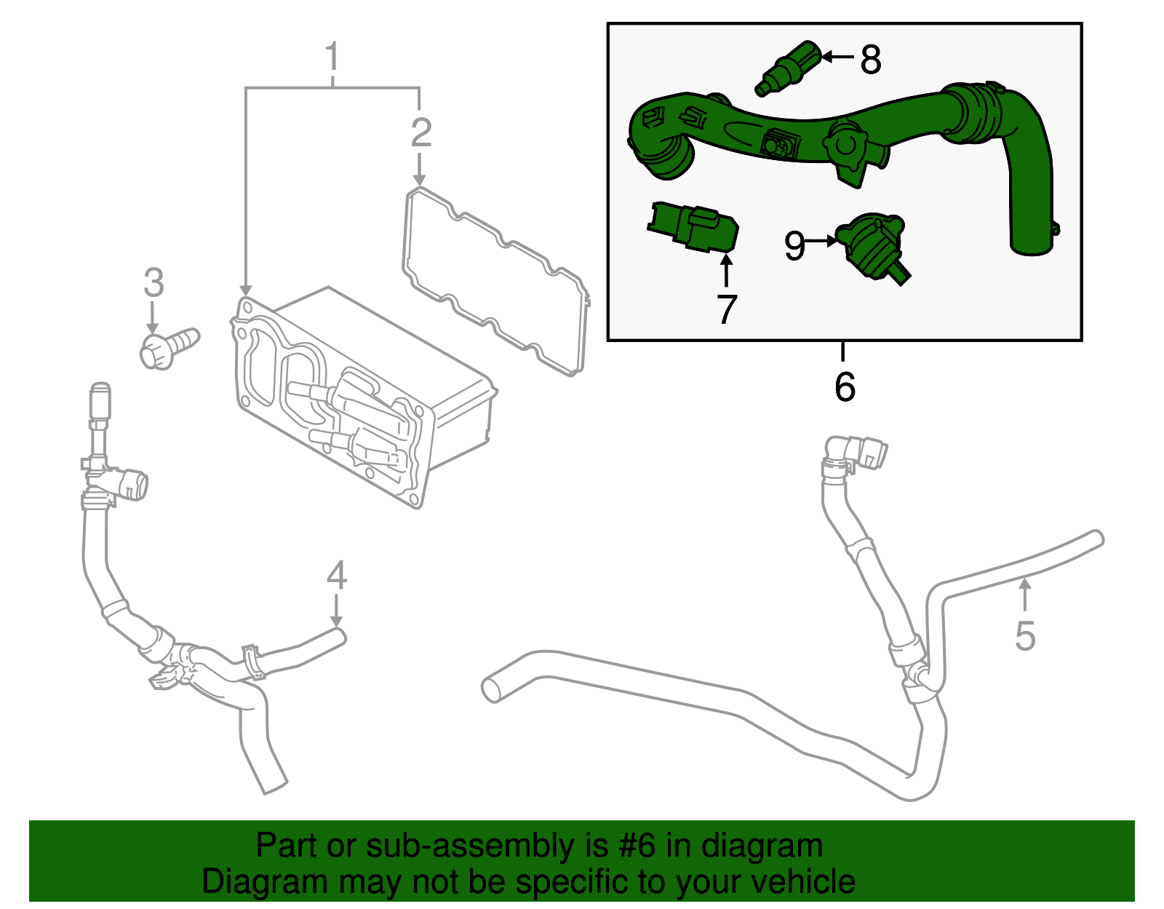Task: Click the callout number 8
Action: (870, 60)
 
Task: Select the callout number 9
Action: (794, 245)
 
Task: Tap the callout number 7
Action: (726, 309)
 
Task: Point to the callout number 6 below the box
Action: (845, 386)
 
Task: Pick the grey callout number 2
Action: (420, 132)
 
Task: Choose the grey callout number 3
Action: (154, 282)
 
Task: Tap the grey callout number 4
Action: (336, 576)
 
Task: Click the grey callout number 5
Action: (1024, 636)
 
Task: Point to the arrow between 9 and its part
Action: (822, 240)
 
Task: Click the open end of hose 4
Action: (338, 637)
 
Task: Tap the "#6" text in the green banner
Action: (637, 846)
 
